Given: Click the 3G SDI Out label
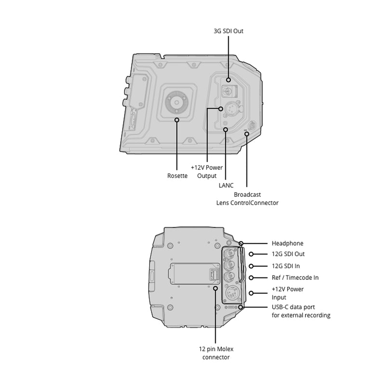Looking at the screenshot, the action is (x=228, y=31).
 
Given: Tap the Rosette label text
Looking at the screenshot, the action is (x=177, y=176).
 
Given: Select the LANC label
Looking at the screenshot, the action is (x=226, y=185).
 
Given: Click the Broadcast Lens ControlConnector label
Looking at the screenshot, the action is (x=247, y=199).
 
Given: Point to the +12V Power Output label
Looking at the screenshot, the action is (x=207, y=172).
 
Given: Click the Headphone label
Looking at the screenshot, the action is (x=288, y=244).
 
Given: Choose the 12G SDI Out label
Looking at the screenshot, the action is (x=288, y=254).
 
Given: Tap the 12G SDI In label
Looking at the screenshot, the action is (x=286, y=266).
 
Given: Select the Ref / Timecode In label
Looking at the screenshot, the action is (x=295, y=278).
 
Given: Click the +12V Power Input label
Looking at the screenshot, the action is (x=288, y=293).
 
